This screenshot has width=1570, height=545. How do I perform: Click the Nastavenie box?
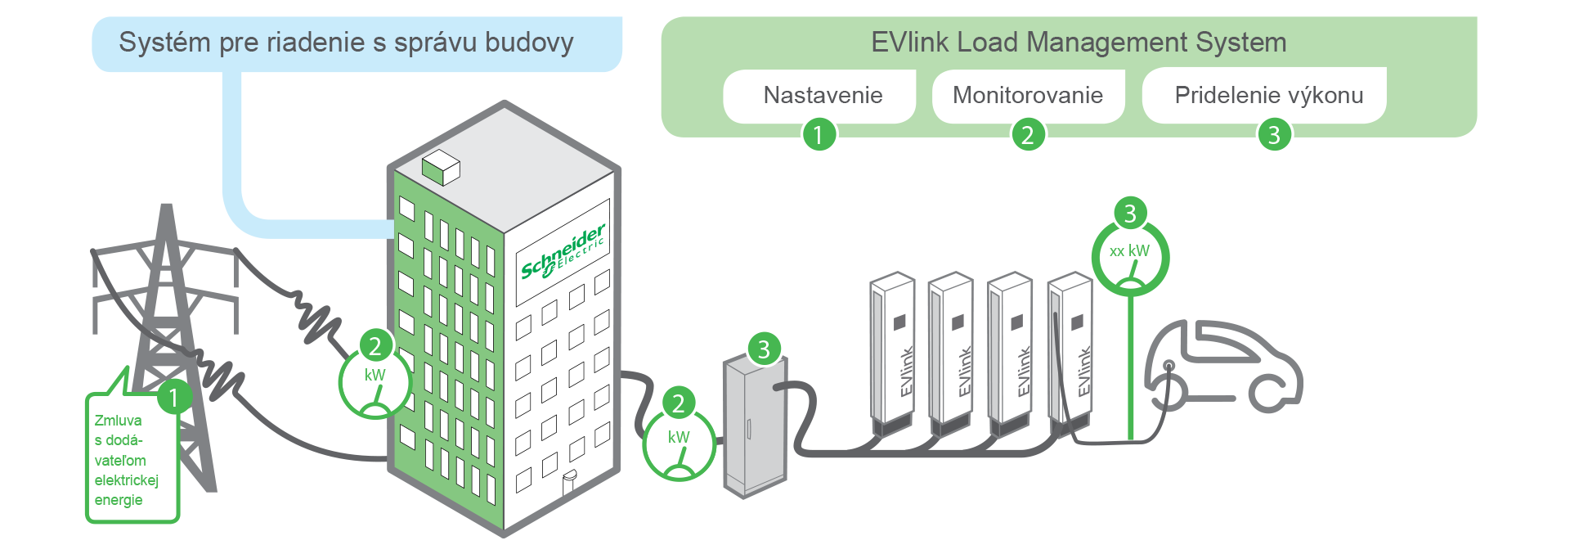click(823, 96)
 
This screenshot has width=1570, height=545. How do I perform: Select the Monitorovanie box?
click(1028, 96)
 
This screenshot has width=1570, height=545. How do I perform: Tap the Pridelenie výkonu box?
click(1268, 96)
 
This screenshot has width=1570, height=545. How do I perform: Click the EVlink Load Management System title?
click(1079, 43)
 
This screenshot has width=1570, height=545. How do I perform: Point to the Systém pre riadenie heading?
click(346, 43)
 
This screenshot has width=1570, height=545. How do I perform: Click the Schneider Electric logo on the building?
click(563, 251)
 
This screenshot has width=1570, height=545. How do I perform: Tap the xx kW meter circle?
click(1130, 259)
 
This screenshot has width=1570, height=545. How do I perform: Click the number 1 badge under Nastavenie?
click(819, 134)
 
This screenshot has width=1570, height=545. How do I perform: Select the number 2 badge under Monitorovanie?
click(1028, 134)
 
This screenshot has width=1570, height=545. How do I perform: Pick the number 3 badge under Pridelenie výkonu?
click(1273, 134)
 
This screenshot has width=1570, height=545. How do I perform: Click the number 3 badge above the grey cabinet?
click(764, 349)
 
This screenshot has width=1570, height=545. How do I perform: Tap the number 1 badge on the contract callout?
click(173, 399)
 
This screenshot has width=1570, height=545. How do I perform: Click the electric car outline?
click(1222, 368)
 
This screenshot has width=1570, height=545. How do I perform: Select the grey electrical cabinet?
click(754, 427)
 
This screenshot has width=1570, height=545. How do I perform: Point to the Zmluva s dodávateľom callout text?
click(126, 461)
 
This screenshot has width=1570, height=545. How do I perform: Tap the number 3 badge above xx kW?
click(1130, 214)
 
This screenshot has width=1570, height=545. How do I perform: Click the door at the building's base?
click(569, 483)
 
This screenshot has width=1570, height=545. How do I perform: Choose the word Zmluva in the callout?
click(118, 421)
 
